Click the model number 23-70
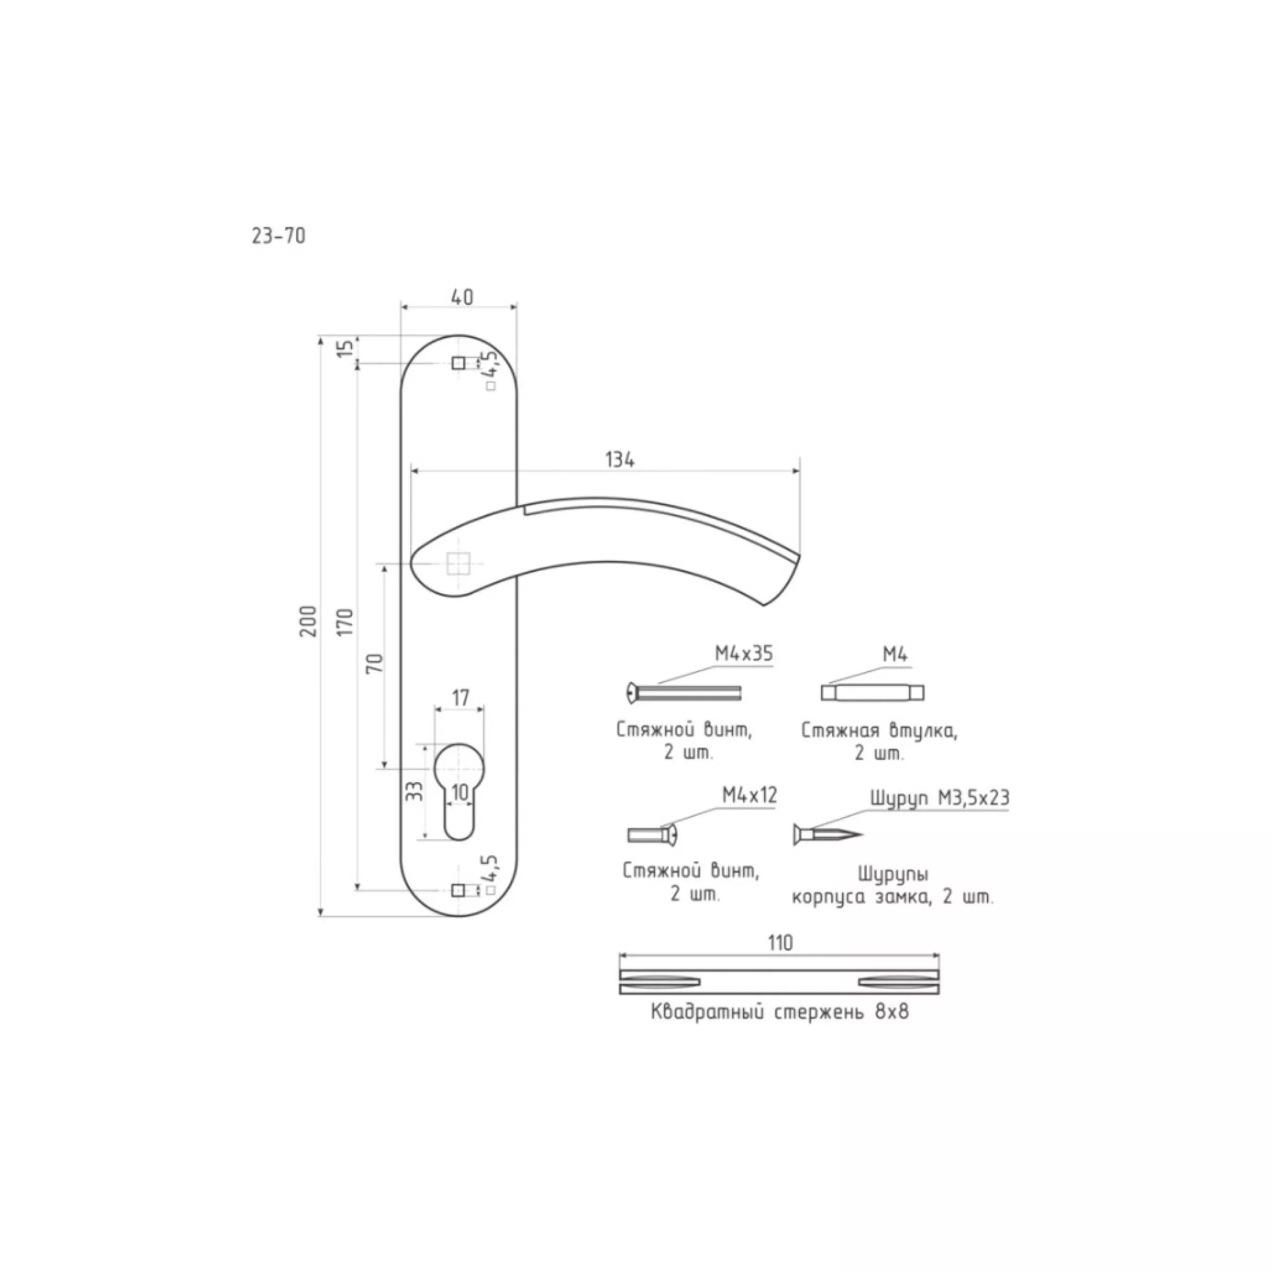[278, 236]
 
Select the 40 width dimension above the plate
[462, 297]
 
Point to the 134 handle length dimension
[620, 460]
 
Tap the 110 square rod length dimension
[780, 943]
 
